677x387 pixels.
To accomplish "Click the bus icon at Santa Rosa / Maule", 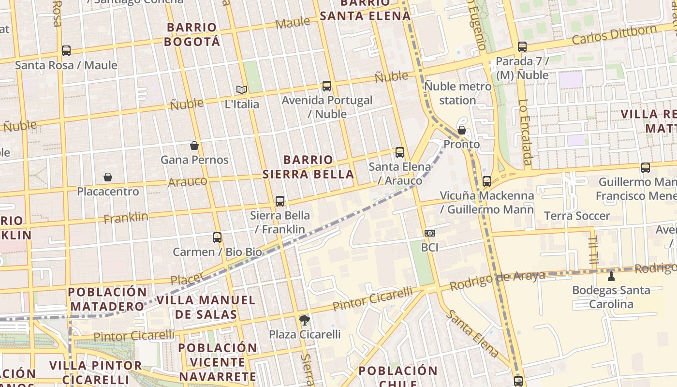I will click(66, 50).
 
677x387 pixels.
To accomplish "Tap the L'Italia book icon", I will click(242, 89).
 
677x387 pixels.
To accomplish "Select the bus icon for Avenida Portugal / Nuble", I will click(327, 86).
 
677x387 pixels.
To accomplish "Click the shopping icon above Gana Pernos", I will click(194, 146).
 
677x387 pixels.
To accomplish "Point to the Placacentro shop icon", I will click(108, 178).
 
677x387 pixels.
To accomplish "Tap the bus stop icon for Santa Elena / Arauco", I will click(399, 152).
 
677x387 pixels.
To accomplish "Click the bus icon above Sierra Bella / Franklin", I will click(280, 201).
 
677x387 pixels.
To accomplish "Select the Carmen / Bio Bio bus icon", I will click(217, 238).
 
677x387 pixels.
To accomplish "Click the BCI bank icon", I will click(429, 233).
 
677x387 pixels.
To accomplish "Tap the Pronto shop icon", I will click(462, 130).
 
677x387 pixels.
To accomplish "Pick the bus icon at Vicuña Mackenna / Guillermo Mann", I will click(487, 181).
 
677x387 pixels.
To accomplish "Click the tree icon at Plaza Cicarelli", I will click(305, 320).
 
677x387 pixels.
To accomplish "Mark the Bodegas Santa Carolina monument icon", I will click(611, 276).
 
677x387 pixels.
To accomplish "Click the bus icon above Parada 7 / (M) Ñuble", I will click(522, 47).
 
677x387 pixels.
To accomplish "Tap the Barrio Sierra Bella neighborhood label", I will click(309, 167).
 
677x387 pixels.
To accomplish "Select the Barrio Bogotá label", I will click(192, 34).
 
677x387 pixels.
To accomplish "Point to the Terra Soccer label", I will click(577, 216).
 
